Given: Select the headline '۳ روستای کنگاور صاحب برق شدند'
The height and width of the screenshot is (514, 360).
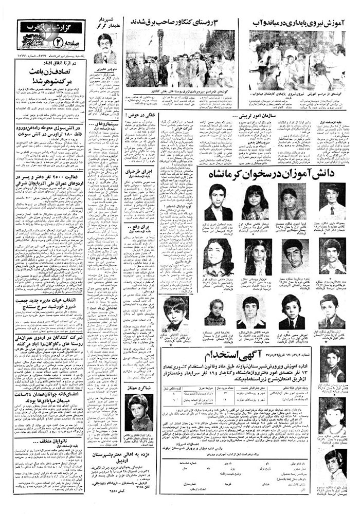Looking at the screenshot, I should coord(185,23).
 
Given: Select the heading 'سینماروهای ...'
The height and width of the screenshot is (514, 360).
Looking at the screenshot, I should coord(107,124).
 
